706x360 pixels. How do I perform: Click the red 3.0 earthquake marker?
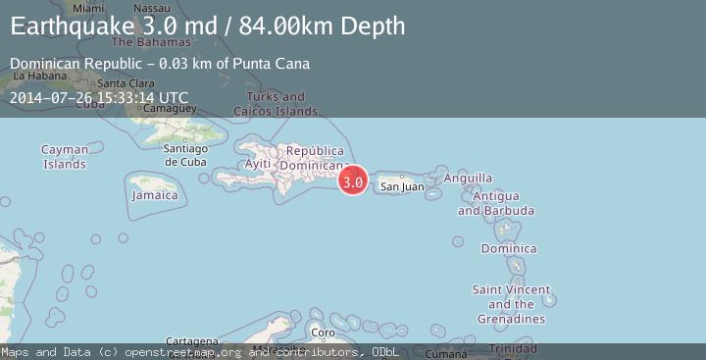pyautogui.click(x=353, y=180)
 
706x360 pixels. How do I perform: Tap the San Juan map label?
pyautogui.click(x=401, y=186)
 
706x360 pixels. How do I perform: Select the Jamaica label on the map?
pyautogui.click(x=156, y=195)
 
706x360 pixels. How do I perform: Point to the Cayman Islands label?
pyautogui.click(x=65, y=157)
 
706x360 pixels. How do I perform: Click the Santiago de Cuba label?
pyautogui.click(x=185, y=155)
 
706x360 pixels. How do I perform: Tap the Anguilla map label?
pyautogui.click(x=468, y=179)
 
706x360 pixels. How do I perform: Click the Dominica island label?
pyautogui.click(x=508, y=248)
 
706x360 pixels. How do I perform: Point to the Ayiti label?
pyautogui.click(x=257, y=163)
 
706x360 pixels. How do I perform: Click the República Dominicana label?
pyautogui.click(x=315, y=158)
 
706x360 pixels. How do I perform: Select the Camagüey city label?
pyautogui.click(x=163, y=109)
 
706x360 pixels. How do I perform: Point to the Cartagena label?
pyautogui.click(x=191, y=340)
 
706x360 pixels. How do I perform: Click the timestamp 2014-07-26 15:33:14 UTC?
pyautogui.click(x=98, y=98)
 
